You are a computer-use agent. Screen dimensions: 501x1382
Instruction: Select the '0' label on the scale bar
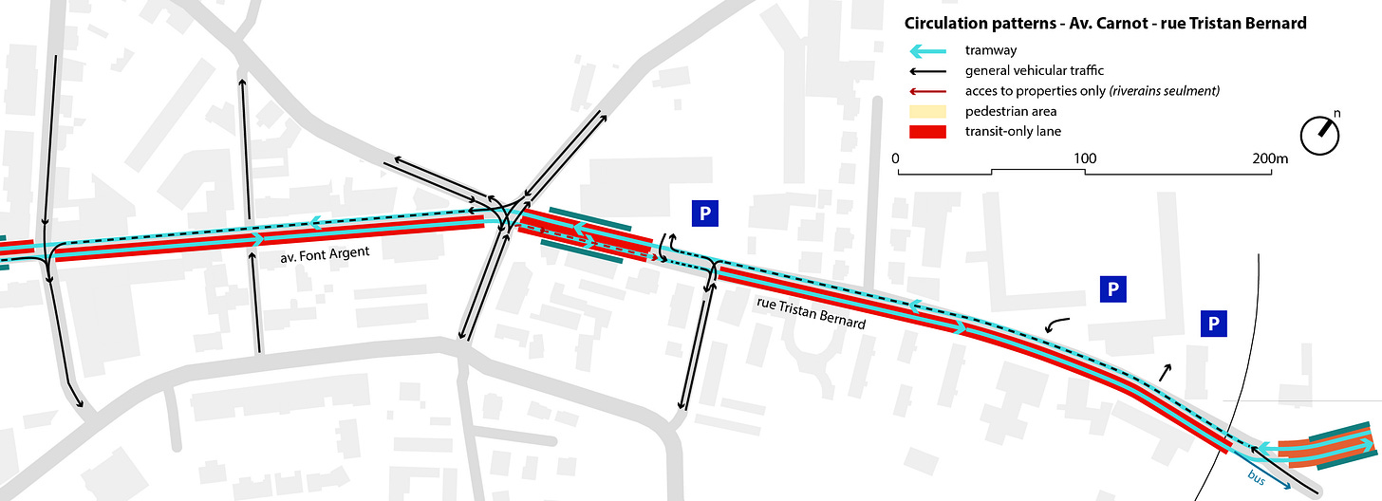point(898,158)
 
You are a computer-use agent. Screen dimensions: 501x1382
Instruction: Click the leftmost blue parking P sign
point(703,214)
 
